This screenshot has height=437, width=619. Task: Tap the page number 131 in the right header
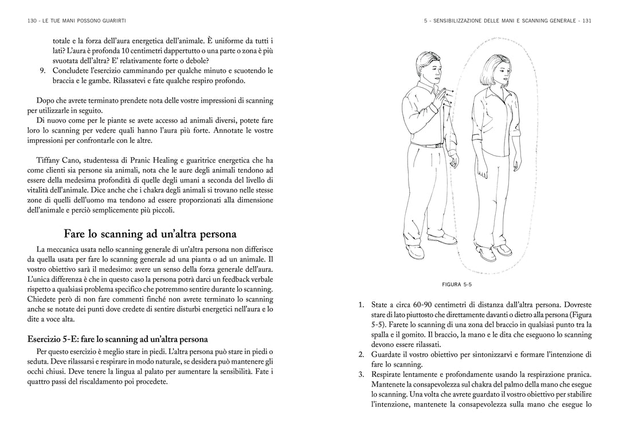(586, 21)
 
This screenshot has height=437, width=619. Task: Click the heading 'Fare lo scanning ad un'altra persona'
(150, 234)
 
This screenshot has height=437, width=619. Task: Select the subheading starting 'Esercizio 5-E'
(117, 339)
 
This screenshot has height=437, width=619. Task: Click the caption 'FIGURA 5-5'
(457, 284)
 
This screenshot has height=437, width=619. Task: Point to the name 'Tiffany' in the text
(48, 160)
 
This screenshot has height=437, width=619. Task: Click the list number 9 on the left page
(42, 71)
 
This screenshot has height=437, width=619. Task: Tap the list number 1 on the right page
(361, 305)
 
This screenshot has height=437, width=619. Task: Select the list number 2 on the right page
(361, 354)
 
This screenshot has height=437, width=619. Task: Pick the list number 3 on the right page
(361, 374)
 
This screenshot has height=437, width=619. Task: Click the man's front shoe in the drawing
(441, 237)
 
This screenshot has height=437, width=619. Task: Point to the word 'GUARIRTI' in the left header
(114, 21)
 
